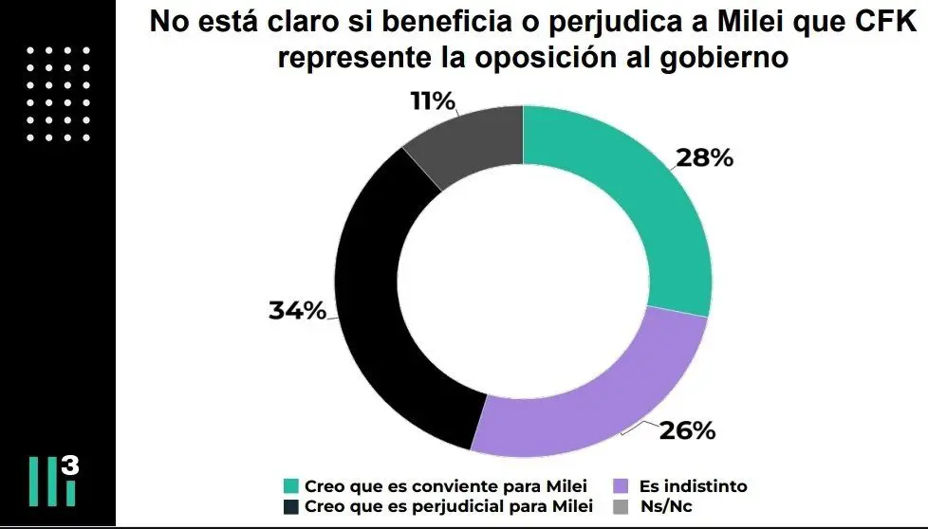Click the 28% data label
click(703, 158)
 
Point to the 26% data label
click(686, 430)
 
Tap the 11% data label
click(433, 101)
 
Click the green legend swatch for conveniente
click(291, 486)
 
